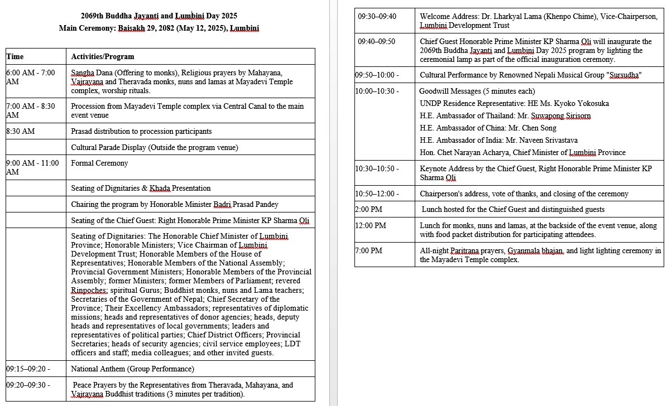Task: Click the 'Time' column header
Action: (x=15, y=56)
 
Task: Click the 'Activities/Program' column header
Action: (x=103, y=56)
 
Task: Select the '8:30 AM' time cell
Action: (x=21, y=131)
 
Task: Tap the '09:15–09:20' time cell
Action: (x=28, y=369)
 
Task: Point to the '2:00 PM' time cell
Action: (x=368, y=210)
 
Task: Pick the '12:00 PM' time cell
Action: (x=371, y=225)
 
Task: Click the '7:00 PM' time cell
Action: (x=368, y=250)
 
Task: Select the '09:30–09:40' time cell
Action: (x=377, y=16)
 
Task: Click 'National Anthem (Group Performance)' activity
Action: (x=132, y=369)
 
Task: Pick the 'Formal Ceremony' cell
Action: (x=99, y=163)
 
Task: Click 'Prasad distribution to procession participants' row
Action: (x=141, y=131)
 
